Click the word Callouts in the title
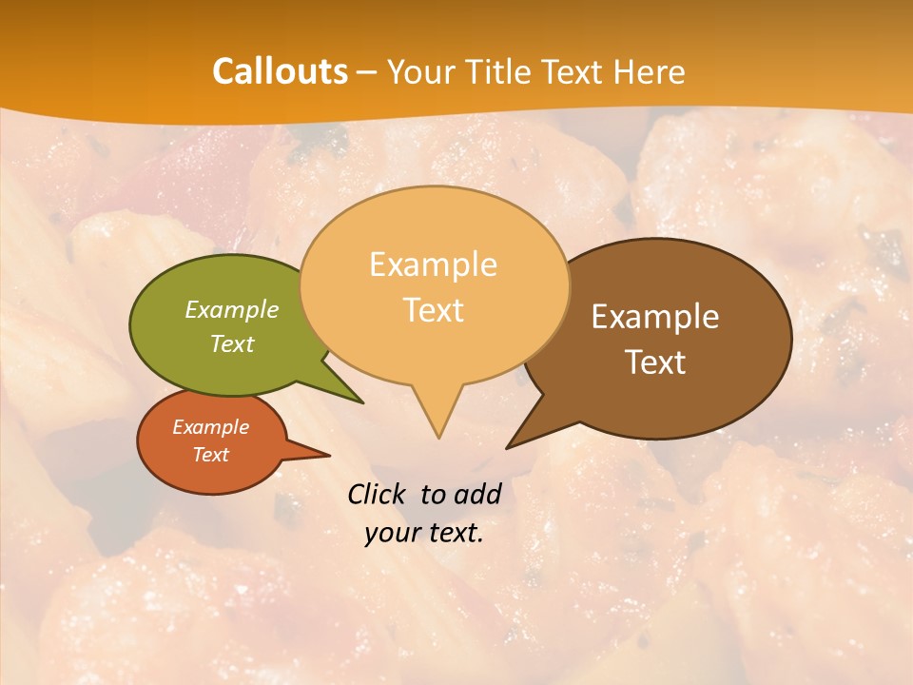point(280,71)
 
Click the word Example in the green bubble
point(232,309)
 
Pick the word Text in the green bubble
point(232,343)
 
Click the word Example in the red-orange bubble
point(210,427)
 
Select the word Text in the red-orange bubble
point(210,455)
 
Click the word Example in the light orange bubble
point(433,264)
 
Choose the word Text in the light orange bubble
point(433,310)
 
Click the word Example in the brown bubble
point(655,317)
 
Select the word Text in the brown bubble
point(655,362)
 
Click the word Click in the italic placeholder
point(378,494)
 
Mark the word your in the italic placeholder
point(393,533)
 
